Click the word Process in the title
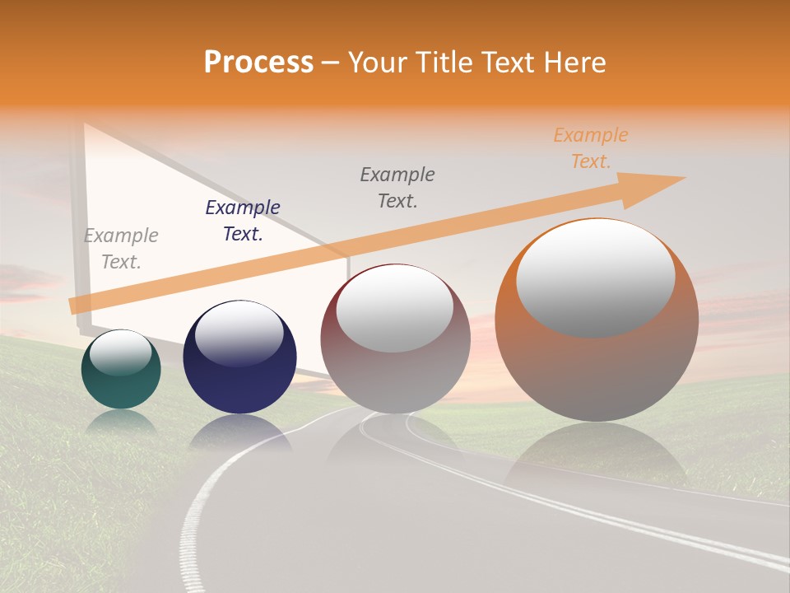click(x=258, y=63)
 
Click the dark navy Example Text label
click(x=243, y=221)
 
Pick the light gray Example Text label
click(x=121, y=249)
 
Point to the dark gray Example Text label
click(x=397, y=188)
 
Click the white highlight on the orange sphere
click(x=595, y=276)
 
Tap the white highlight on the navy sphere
click(x=239, y=332)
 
